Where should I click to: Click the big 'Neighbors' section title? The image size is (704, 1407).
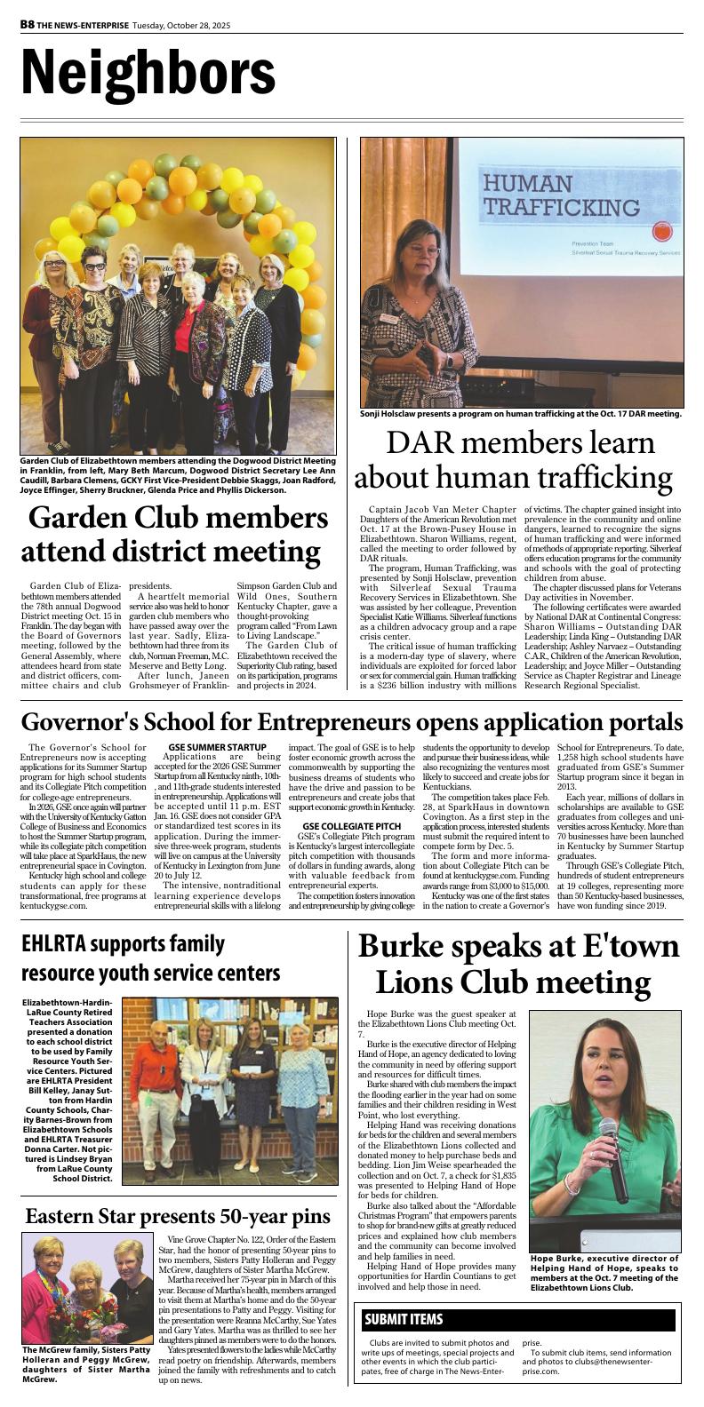click(148, 72)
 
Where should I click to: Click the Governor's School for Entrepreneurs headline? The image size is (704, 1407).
click(352, 721)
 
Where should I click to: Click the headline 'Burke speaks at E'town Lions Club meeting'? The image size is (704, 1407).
click(518, 965)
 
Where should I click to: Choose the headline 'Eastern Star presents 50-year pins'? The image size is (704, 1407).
click(178, 1216)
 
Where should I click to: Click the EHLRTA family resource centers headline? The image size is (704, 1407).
click(151, 958)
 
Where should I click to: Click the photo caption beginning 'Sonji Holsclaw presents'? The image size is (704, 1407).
click(520, 413)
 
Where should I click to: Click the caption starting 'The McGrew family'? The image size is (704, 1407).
click(86, 1364)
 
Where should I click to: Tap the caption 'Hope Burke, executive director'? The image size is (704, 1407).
click(604, 1272)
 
